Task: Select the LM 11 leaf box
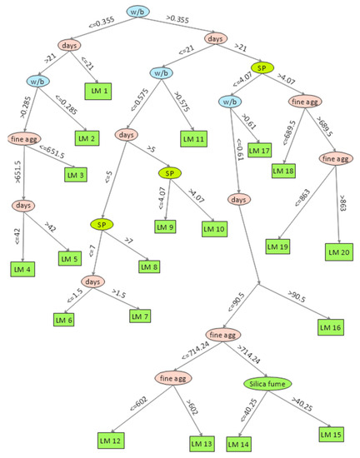195,139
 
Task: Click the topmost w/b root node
140,12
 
